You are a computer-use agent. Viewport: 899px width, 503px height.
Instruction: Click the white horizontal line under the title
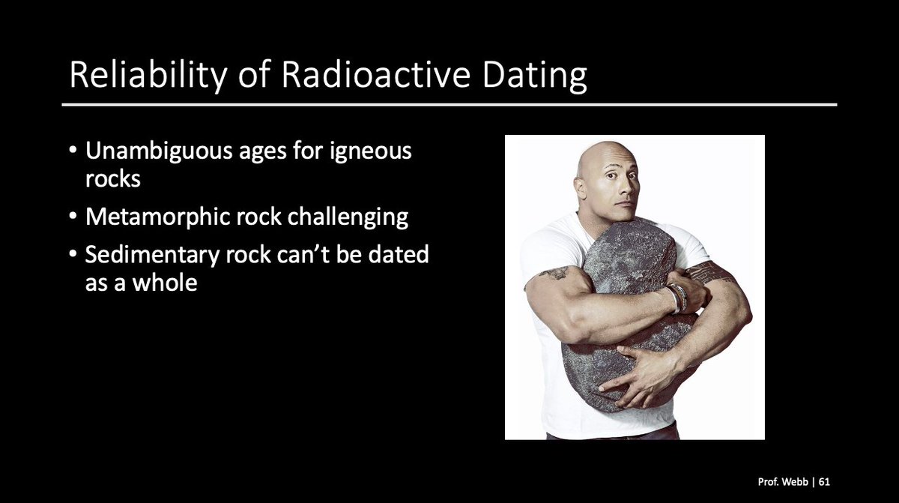click(x=449, y=104)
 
